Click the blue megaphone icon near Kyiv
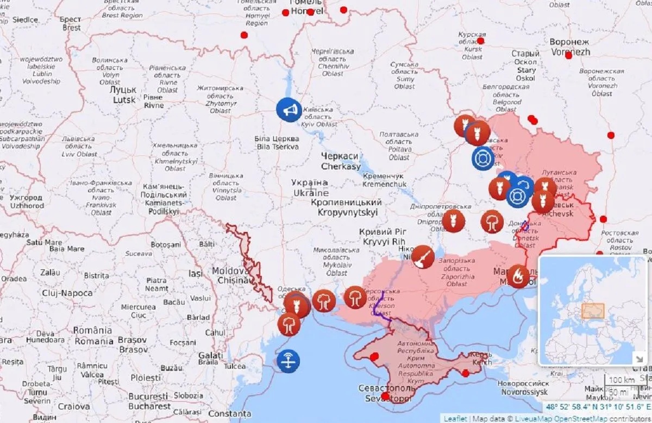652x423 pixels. (289, 110)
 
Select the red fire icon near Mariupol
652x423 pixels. (518, 276)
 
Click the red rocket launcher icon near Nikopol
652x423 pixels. (423, 257)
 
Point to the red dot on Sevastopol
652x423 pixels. (385, 396)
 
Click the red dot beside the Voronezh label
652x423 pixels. (568, 55)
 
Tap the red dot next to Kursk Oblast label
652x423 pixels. (481, 41)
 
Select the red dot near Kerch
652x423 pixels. (466, 373)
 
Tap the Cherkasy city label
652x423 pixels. (341, 161)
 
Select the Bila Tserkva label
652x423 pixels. (277, 143)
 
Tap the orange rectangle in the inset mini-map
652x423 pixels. (593, 311)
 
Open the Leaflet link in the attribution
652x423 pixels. (454, 419)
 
